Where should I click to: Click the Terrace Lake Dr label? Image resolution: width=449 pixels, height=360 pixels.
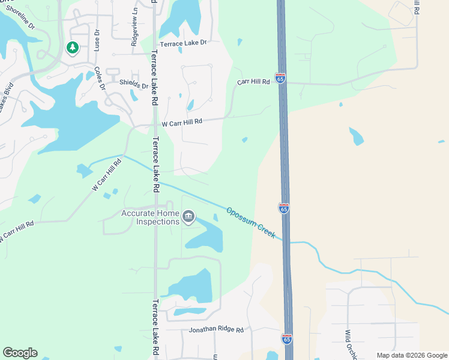[182, 42]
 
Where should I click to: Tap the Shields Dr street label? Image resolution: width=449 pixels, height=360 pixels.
[133, 84]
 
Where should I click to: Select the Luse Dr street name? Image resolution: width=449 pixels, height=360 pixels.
[96, 39]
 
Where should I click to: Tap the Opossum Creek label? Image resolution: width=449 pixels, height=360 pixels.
[251, 223]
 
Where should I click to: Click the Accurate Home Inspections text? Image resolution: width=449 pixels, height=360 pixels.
[150, 217]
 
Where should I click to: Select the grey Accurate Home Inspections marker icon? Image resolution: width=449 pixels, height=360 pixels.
[188, 216]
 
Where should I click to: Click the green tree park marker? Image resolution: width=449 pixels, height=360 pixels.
[73, 47]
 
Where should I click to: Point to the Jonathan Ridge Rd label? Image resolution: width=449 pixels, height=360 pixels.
[216, 330]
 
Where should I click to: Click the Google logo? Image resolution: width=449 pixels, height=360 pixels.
[20, 353]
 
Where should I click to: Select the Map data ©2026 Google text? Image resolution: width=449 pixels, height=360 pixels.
[411, 355]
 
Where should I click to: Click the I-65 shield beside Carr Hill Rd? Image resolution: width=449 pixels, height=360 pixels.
[280, 78]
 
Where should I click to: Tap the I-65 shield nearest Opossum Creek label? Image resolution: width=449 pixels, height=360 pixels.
[284, 208]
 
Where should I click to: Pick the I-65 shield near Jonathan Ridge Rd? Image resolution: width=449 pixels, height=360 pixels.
[287, 339]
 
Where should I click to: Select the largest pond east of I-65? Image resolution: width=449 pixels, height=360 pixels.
[356, 136]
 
